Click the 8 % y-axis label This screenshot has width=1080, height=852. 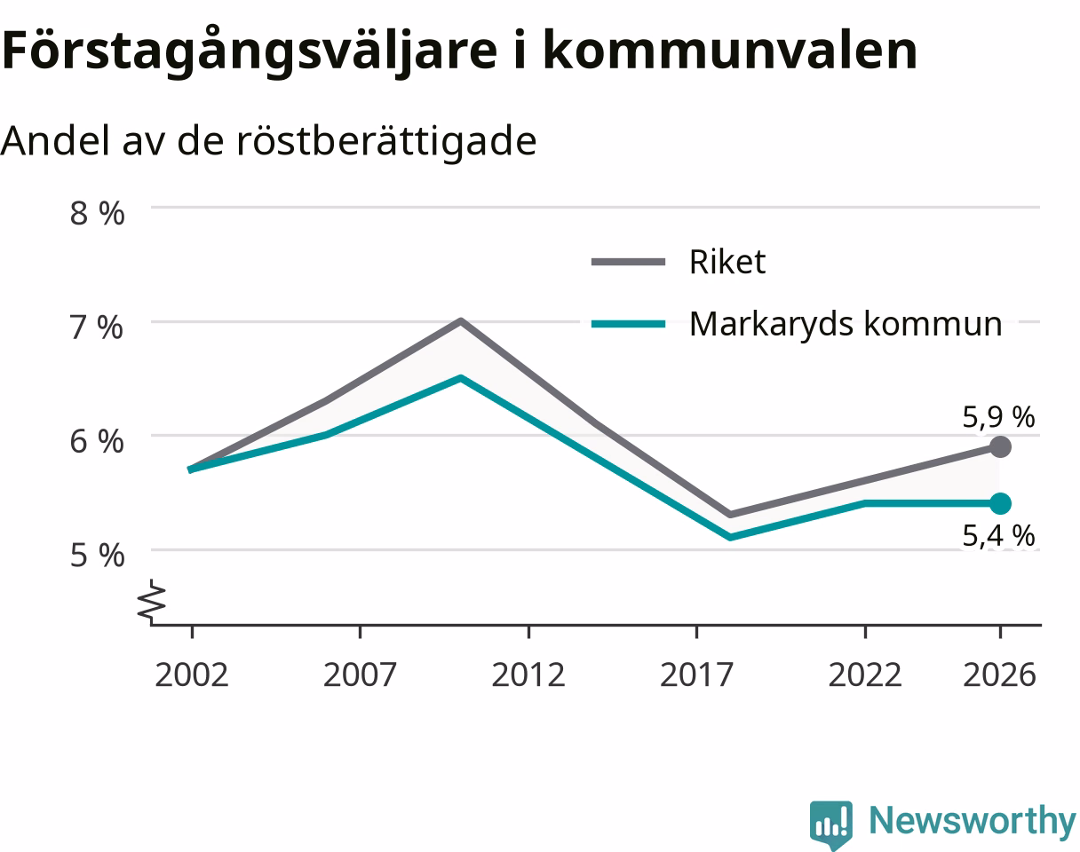[x=97, y=214]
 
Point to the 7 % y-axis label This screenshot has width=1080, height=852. [x=96, y=328]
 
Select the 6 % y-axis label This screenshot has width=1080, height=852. [x=96, y=442]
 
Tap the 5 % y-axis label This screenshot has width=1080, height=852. [x=97, y=556]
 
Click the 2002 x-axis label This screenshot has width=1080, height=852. [x=192, y=675]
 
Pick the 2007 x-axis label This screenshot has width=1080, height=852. [x=360, y=675]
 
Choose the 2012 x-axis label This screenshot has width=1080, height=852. [x=528, y=675]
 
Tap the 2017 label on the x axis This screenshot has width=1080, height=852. [x=696, y=675]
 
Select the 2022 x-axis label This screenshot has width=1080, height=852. [x=865, y=675]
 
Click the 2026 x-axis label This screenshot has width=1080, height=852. [x=1000, y=675]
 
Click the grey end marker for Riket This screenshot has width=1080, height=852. [x=1000, y=446]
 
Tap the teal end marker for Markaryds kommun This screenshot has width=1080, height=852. [x=1000, y=503]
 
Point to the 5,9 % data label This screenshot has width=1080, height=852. [x=998, y=417]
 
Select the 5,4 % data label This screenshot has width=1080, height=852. [x=998, y=535]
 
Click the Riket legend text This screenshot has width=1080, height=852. [x=727, y=262]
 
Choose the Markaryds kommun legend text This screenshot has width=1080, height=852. [x=846, y=324]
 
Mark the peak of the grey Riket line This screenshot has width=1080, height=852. [x=461, y=321]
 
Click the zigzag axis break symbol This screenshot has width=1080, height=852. [x=151, y=603]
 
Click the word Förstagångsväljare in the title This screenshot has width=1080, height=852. [x=250, y=51]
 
